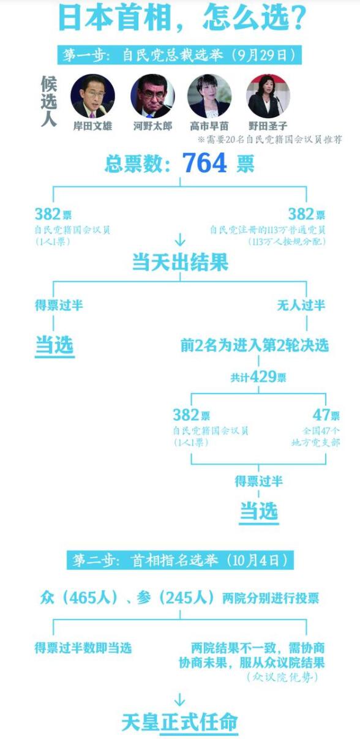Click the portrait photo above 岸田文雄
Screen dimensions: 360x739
(x=92, y=96)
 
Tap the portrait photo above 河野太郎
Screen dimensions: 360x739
(x=152, y=96)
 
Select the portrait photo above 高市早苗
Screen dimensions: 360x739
(x=209, y=96)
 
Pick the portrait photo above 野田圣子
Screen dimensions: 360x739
(x=268, y=96)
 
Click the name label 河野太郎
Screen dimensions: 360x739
(x=152, y=126)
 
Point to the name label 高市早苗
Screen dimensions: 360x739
(x=209, y=126)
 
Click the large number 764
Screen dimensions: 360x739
(x=204, y=163)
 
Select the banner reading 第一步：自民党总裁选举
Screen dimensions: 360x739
(x=180, y=54)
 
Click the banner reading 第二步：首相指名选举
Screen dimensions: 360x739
(x=180, y=560)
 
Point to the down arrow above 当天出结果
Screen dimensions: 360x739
(x=180, y=239)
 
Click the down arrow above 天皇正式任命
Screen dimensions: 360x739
(x=180, y=699)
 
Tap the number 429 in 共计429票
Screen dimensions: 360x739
(x=263, y=377)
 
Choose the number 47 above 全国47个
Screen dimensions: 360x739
(x=321, y=415)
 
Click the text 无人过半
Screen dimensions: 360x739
(x=301, y=305)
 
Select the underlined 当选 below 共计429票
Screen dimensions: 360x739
(x=259, y=512)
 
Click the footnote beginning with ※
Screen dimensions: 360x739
(x=269, y=140)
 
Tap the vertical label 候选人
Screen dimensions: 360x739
(x=49, y=101)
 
